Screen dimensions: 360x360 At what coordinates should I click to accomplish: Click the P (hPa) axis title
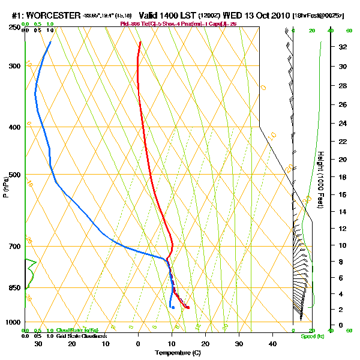[x=6, y=186]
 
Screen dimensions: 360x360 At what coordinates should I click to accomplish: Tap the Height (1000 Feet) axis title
[x=321, y=180]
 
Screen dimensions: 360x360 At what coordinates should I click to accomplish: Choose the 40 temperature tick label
[x=273, y=343]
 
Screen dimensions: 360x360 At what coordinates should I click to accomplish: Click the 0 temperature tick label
[x=139, y=343]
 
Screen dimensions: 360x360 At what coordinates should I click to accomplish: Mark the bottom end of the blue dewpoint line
[x=173, y=307]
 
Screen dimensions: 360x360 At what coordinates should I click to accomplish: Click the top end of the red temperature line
[x=140, y=42]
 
